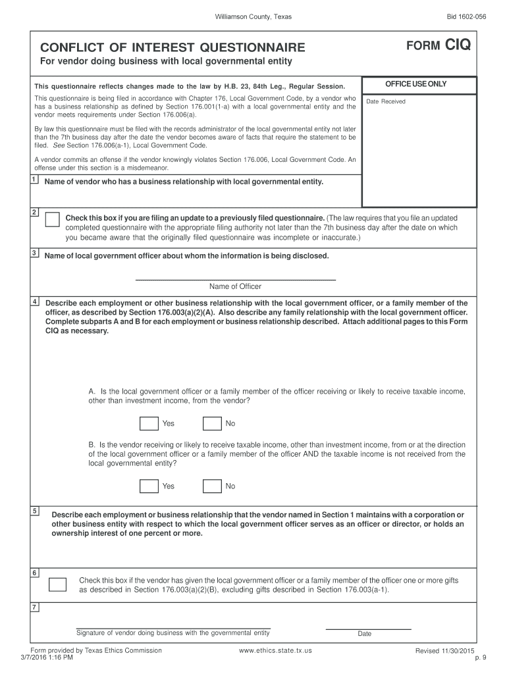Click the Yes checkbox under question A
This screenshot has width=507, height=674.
(149, 423)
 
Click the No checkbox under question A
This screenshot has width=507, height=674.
(212, 423)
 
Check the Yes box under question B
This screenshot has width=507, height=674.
(149, 486)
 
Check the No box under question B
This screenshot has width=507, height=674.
(212, 486)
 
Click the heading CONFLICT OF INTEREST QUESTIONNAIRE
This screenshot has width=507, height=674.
(173, 47)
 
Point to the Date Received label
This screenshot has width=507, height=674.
(386, 101)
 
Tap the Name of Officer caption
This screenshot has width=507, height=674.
(235, 286)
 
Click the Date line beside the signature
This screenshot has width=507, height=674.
(368, 628)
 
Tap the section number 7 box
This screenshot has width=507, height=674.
(34, 607)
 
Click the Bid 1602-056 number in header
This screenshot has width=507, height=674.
(466, 16)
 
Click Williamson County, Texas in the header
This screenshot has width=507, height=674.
(254, 16)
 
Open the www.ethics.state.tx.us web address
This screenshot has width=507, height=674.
(276, 650)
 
